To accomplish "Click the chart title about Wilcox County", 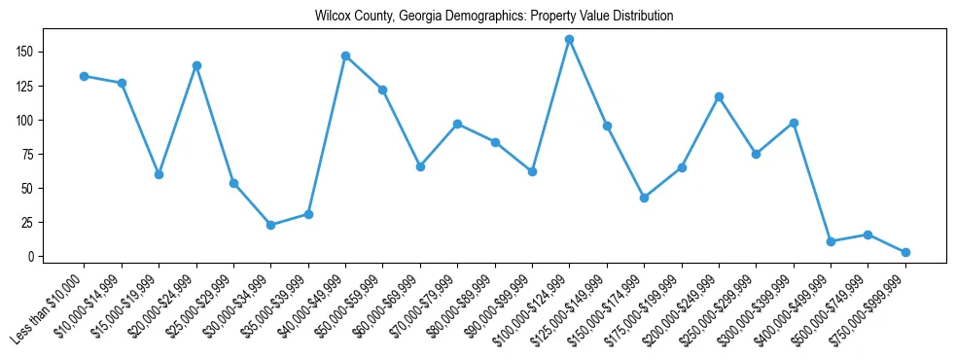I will pyautogui.click(x=494, y=17).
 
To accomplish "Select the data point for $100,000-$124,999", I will pyautogui.click(x=570, y=40).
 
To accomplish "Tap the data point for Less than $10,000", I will pyautogui.click(x=85, y=76).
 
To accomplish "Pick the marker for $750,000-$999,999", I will pyautogui.click(x=905, y=252).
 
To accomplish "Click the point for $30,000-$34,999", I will pyautogui.click(x=271, y=225).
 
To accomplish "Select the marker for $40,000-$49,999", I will pyautogui.click(x=345, y=55).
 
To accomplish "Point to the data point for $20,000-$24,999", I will pyautogui.click(x=196, y=65).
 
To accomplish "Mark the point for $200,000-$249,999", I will pyautogui.click(x=719, y=96).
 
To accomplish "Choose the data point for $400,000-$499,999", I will pyautogui.click(x=831, y=241).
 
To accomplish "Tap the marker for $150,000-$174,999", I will pyautogui.click(x=644, y=198).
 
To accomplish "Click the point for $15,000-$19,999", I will pyautogui.click(x=159, y=174).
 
